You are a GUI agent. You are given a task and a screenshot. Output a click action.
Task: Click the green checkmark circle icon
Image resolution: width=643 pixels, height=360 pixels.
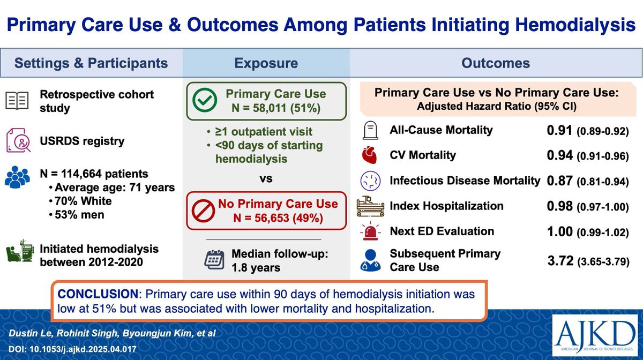(x=205, y=101)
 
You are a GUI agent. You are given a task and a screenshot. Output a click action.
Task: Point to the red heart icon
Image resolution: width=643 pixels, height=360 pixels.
(x=370, y=155)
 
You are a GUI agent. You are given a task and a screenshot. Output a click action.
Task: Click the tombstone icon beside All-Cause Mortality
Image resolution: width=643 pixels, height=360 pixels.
(x=370, y=131)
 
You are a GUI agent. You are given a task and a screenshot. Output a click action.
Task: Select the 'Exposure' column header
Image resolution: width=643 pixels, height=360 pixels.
(x=266, y=63)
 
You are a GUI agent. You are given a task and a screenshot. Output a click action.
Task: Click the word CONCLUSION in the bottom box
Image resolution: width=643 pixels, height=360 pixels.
(x=98, y=295)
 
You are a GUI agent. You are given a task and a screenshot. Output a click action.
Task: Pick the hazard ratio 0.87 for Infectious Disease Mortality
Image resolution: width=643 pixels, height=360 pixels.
(x=559, y=181)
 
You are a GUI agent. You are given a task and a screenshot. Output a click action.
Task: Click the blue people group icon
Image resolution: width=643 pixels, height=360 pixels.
(x=18, y=176)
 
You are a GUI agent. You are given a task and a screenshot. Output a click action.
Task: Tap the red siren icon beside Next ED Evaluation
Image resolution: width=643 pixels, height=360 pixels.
(x=370, y=232)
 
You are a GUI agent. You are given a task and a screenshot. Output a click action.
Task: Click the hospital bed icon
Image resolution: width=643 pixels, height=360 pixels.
(x=370, y=207)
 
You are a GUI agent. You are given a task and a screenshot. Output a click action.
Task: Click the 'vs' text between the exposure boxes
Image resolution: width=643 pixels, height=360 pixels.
(x=266, y=178)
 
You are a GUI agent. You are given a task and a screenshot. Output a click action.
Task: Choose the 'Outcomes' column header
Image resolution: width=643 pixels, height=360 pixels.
(x=496, y=63)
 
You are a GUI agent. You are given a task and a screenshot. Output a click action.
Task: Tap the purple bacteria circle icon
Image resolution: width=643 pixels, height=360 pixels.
(x=370, y=181)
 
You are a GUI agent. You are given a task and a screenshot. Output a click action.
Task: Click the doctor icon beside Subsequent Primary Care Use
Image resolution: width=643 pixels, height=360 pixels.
(x=370, y=260)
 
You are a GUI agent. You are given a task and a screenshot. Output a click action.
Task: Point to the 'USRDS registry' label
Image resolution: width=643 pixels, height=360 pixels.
(x=82, y=141)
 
